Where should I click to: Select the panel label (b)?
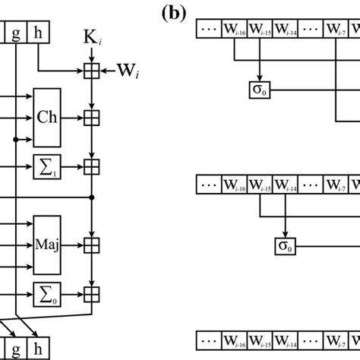176,12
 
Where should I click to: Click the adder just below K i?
91,71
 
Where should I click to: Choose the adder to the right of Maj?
91,245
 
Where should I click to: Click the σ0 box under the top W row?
258,92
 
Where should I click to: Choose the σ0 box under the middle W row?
284,245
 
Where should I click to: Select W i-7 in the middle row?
336,185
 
